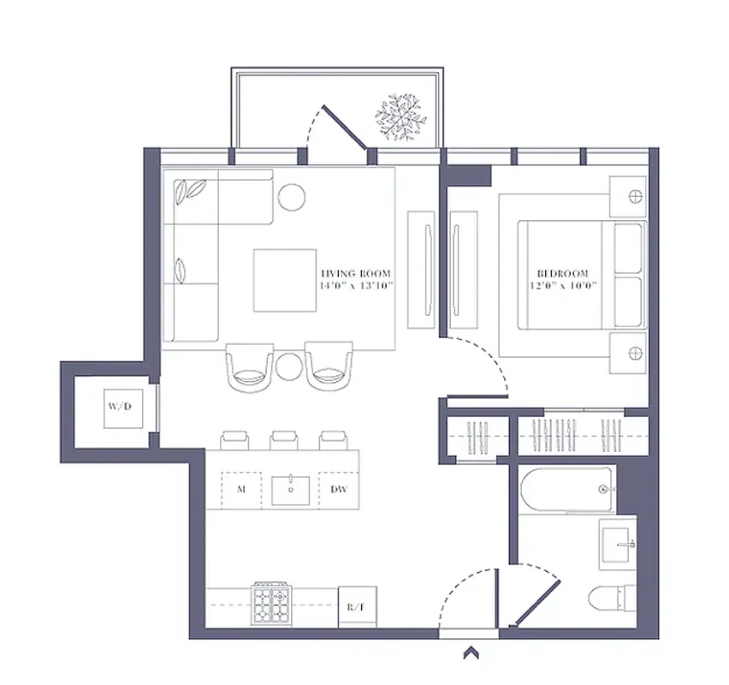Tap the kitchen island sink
[292, 490]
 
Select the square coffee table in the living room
[285, 280]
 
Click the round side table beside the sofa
[292, 197]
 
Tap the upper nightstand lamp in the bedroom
[634, 196]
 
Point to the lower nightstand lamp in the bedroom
[634, 353]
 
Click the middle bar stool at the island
[283, 440]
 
